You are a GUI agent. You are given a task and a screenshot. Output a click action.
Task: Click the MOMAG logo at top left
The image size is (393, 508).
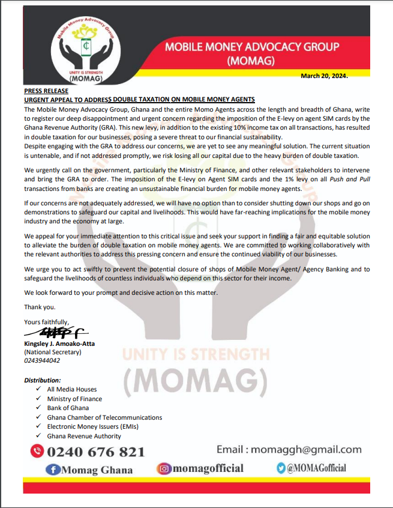pos(86,51)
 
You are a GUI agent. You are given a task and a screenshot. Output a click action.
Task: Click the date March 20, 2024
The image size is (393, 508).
pos(325,76)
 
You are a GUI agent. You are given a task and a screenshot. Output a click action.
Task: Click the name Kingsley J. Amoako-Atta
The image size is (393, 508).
pos(59,343)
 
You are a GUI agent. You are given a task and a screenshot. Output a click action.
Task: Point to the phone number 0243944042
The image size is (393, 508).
pos(42,360)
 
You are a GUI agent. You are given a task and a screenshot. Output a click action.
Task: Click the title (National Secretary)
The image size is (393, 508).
pos(52,352)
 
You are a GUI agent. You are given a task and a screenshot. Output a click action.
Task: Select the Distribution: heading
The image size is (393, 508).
pos(42,381)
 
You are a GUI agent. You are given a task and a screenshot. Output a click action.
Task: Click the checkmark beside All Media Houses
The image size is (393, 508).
pos(38,389)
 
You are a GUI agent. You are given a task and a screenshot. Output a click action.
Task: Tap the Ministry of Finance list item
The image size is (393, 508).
pos(74,399)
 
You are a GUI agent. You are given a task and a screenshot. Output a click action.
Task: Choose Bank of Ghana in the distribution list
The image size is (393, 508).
pos(67,408)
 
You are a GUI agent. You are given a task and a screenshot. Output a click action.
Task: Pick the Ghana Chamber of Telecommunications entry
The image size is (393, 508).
pos(104,417)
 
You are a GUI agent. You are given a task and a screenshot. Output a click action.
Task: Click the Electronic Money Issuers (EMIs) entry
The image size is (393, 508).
pos(95,426)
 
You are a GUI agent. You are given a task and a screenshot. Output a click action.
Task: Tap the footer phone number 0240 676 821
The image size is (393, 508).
pos(96,452)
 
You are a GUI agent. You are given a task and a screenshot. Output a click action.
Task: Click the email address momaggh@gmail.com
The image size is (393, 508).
pos(306,450)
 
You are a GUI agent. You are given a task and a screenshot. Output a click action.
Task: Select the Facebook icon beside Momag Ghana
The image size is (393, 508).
pos(54,470)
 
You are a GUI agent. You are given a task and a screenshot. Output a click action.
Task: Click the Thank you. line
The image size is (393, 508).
pos(40,307)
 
